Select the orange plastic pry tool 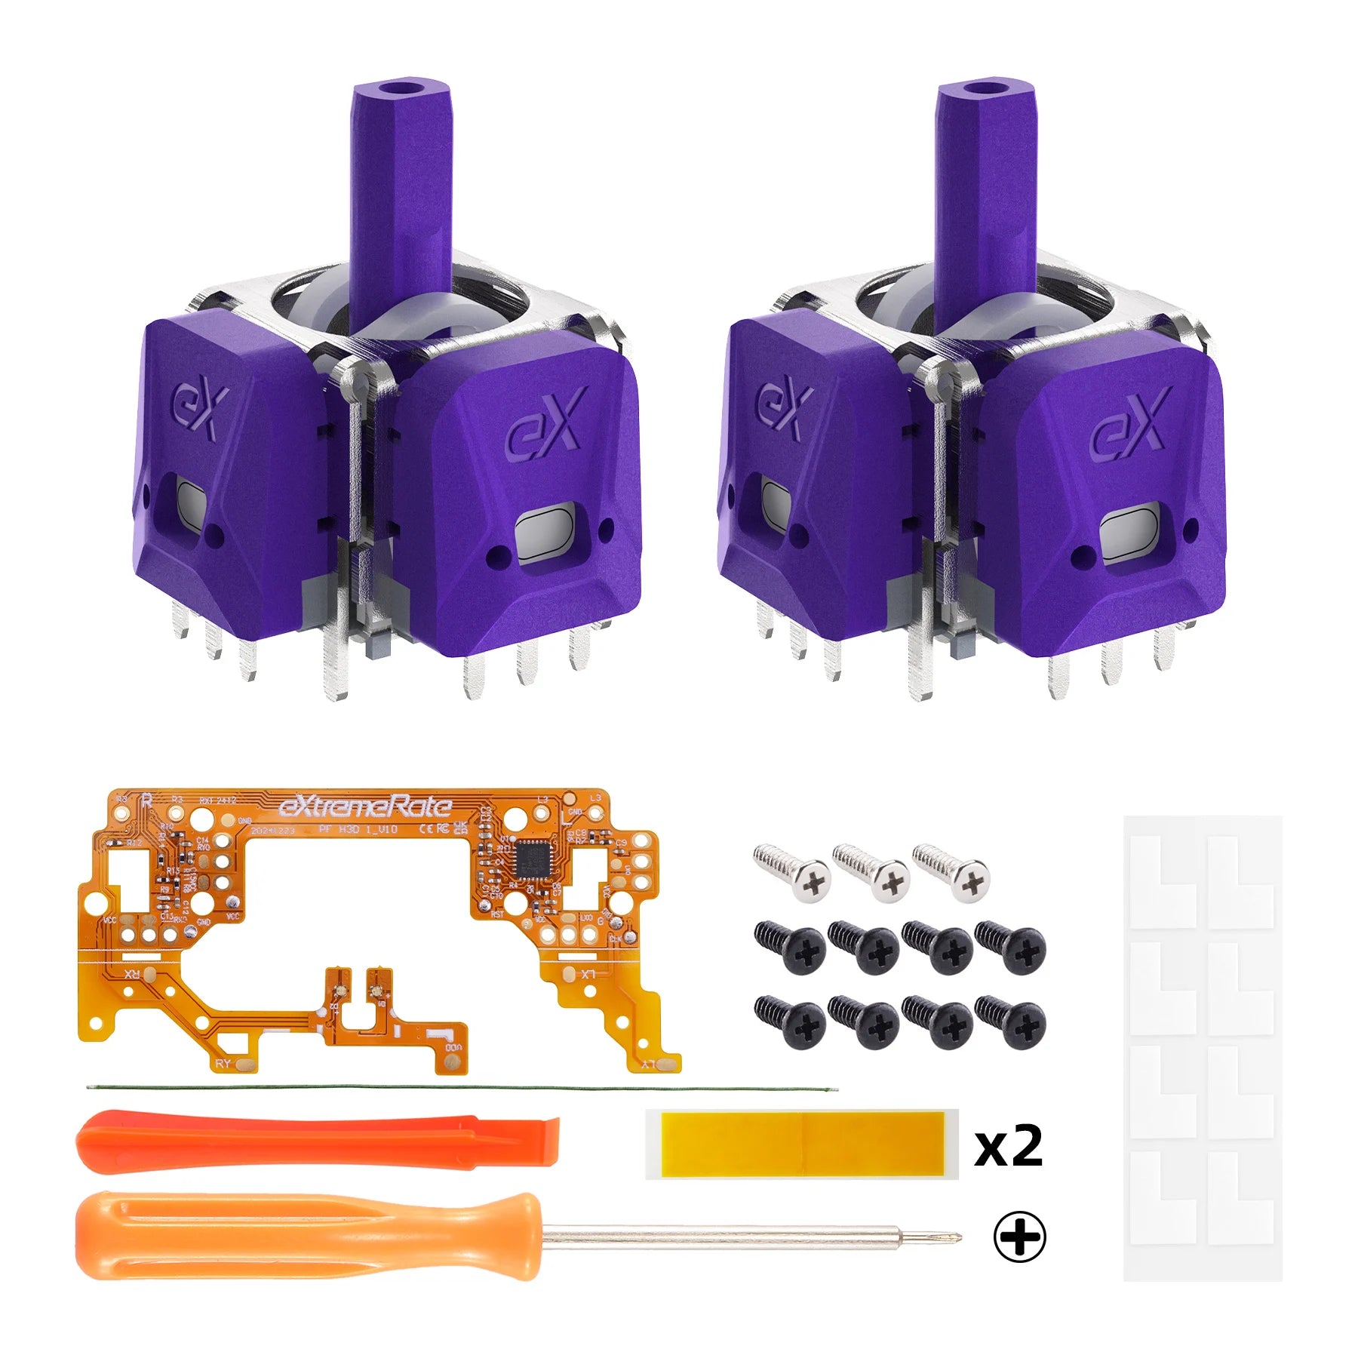(x=317, y=1141)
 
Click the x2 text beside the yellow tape (x=1008, y=1146)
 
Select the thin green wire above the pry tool (x=460, y=1088)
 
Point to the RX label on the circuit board (x=132, y=974)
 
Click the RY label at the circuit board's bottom (x=223, y=1063)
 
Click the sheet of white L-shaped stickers (x=1203, y=1048)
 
